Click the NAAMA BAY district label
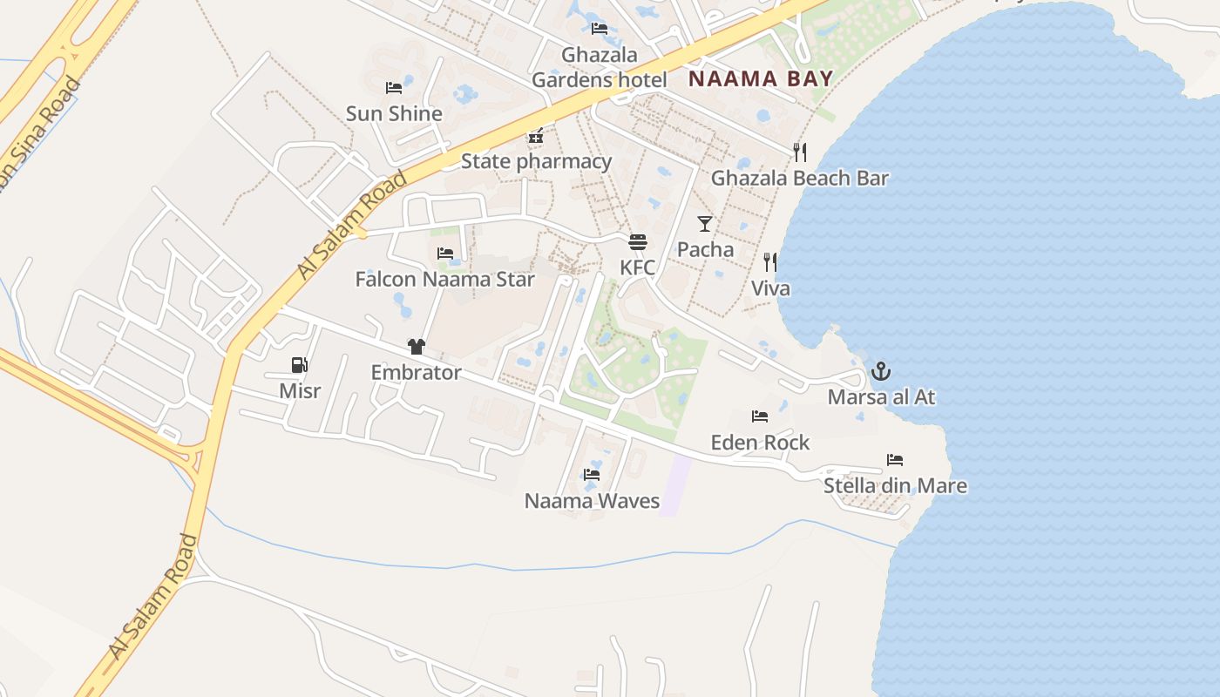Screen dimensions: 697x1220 [761, 78]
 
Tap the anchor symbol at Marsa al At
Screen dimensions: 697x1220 [881, 372]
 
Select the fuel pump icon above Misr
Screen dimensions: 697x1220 [299, 365]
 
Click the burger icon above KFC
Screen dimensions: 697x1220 [638, 241]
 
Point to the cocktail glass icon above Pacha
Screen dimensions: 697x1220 [705, 224]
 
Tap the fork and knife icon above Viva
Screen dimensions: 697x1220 [770, 262]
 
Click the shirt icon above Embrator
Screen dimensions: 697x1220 [416, 347]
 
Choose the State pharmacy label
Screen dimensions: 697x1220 [536, 161]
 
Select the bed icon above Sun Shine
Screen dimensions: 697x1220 [394, 88]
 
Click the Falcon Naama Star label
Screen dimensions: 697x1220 [444, 280]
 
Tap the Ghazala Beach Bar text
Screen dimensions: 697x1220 [799, 178]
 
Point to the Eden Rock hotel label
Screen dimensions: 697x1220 [760, 442]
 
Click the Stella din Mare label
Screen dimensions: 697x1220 [895, 485]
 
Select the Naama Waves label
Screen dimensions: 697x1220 [592, 501]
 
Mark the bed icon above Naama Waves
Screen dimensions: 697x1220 [592, 475]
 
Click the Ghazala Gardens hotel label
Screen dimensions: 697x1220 [600, 67]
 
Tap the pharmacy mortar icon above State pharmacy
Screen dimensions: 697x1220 [536, 136]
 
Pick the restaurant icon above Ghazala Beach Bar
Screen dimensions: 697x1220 [800, 152]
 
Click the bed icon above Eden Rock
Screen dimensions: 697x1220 [760, 416]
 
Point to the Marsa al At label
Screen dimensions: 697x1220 [881, 397]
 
